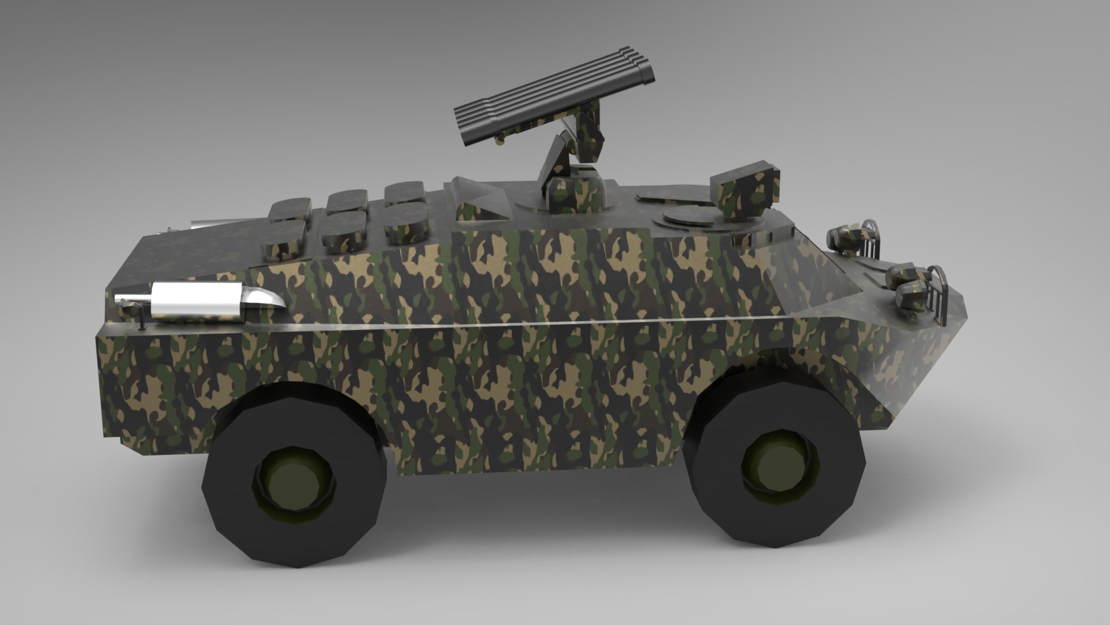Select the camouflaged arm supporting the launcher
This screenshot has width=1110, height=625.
tap(558, 162)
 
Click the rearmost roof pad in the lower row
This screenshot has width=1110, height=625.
tap(283, 237)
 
